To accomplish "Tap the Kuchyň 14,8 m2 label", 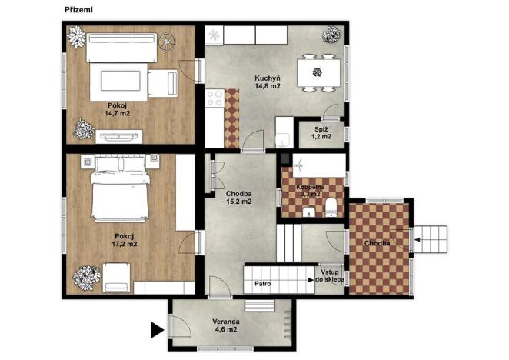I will click(268, 82).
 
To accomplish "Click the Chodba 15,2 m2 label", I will click(239, 198).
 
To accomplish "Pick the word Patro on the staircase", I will click(262, 285).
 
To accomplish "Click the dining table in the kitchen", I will click(318, 72).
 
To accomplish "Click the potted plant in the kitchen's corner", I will click(332, 35).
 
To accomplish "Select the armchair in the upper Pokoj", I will click(163, 82).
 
